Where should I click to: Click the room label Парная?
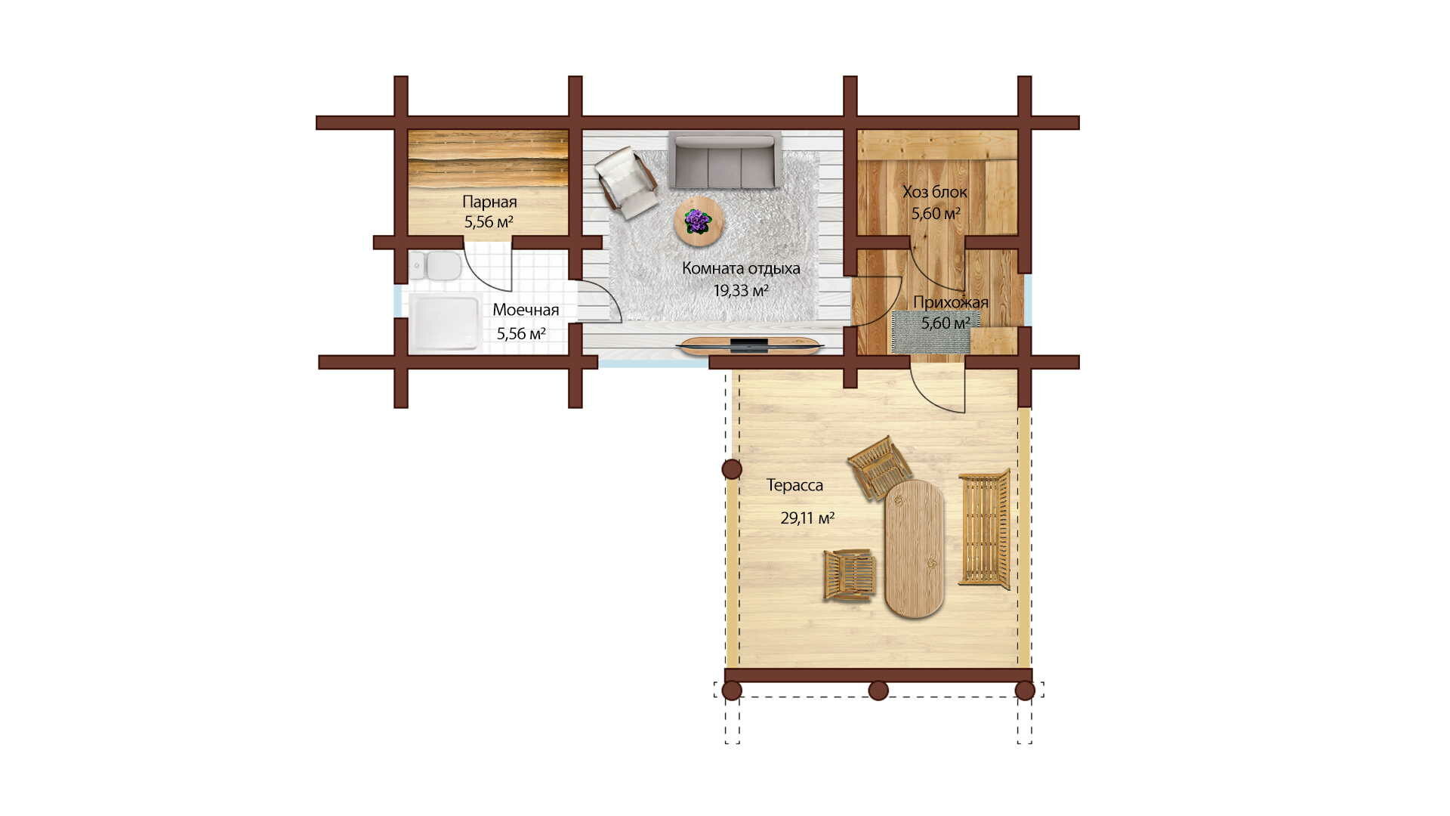(489, 202)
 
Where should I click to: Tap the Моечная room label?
(526, 310)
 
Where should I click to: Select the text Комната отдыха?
(741, 268)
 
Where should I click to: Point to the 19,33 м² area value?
(741, 290)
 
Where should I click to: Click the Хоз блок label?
(935, 192)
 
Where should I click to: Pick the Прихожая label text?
(951, 302)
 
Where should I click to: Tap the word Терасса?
(794, 485)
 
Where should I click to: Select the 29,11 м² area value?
(807, 518)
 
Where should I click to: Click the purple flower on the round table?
(697, 221)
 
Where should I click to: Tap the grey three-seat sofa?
(724, 161)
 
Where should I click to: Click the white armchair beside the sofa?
(626, 182)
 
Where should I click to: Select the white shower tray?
(444, 323)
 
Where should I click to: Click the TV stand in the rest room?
(750, 346)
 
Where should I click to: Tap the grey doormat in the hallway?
(930, 331)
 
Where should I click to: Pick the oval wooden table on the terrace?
(915, 549)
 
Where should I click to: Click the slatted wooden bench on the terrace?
(984, 528)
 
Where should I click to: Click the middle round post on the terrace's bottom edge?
(878, 691)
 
